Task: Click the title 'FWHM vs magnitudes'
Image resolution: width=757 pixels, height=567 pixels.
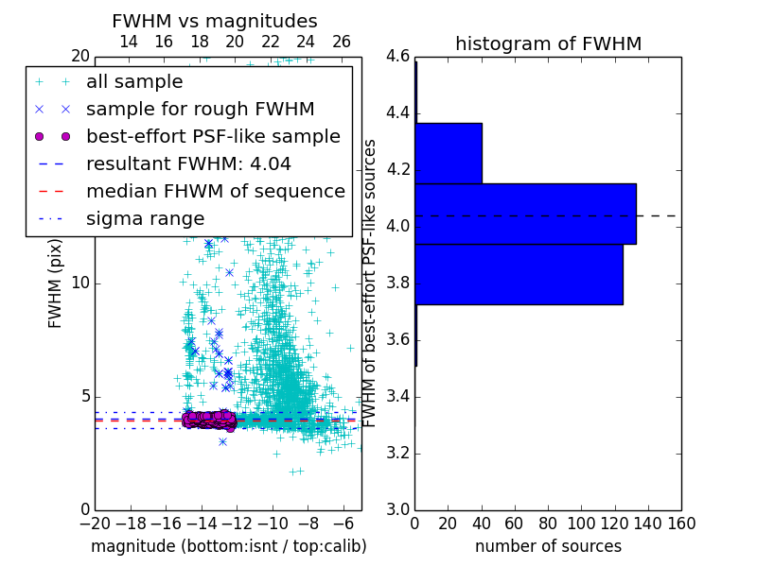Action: pyautogui.click(x=215, y=22)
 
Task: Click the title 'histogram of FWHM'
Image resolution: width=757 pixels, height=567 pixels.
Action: pyautogui.click(x=548, y=43)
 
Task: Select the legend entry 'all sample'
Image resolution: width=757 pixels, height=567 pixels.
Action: pyautogui.click(x=134, y=82)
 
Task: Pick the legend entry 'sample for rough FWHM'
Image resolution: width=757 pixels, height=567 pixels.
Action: pyautogui.click(x=200, y=109)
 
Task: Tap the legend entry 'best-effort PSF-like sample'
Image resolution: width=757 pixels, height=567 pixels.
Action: pyautogui.click(x=213, y=136)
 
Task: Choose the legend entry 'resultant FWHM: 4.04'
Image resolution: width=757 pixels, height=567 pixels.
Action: pyautogui.click(x=188, y=163)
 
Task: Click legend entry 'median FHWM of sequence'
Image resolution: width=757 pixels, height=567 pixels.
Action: pyautogui.click(x=215, y=191)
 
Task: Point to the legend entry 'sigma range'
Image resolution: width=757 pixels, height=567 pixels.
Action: pyautogui.click(x=145, y=218)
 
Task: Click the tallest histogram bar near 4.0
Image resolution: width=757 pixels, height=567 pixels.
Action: pyautogui.click(x=525, y=214)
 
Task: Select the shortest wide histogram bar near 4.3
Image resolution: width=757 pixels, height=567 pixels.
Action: pyautogui.click(x=449, y=153)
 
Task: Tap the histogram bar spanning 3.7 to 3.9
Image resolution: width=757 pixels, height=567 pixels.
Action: pyautogui.click(x=519, y=274)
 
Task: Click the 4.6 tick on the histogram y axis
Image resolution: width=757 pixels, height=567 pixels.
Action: pyautogui.click(x=397, y=57)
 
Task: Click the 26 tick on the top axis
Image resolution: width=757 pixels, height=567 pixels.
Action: pyautogui.click(x=342, y=43)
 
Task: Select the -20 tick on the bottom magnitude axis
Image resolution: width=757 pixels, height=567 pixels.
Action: pyautogui.click(x=95, y=523)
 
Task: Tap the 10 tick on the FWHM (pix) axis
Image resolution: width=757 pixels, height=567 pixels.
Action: pyautogui.click(x=80, y=283)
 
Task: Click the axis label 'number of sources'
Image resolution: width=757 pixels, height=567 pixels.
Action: pyautogui.click(x=548, y=546)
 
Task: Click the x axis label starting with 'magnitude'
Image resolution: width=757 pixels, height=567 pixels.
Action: pyautogui.click(x=228, y=546)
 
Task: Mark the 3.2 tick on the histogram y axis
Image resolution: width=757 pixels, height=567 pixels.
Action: pyautogui.click(x=397, y=454)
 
